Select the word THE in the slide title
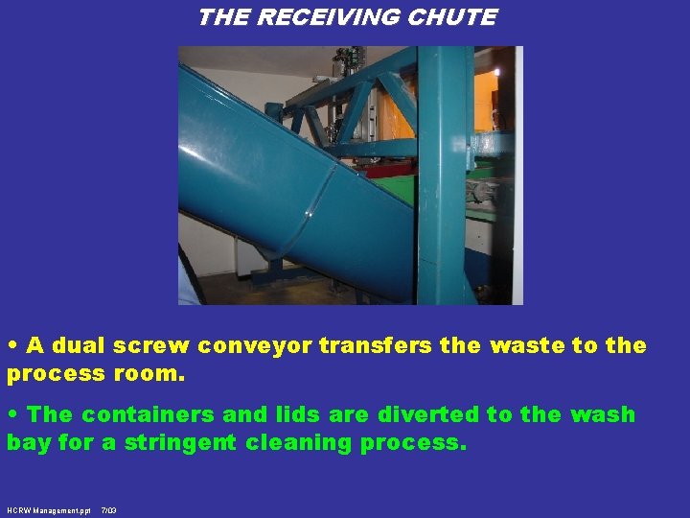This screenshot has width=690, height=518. tap(221, 17)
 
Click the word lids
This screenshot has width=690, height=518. tap(296, 414)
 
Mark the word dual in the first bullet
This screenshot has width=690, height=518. tap(78, 345)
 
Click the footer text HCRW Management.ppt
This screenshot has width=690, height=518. tap(48, 511)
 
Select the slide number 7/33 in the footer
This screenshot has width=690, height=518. tap(108, 511)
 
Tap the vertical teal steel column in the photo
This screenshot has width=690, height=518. tap(443, 173)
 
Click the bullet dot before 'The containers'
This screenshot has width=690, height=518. tap(12, 414)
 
